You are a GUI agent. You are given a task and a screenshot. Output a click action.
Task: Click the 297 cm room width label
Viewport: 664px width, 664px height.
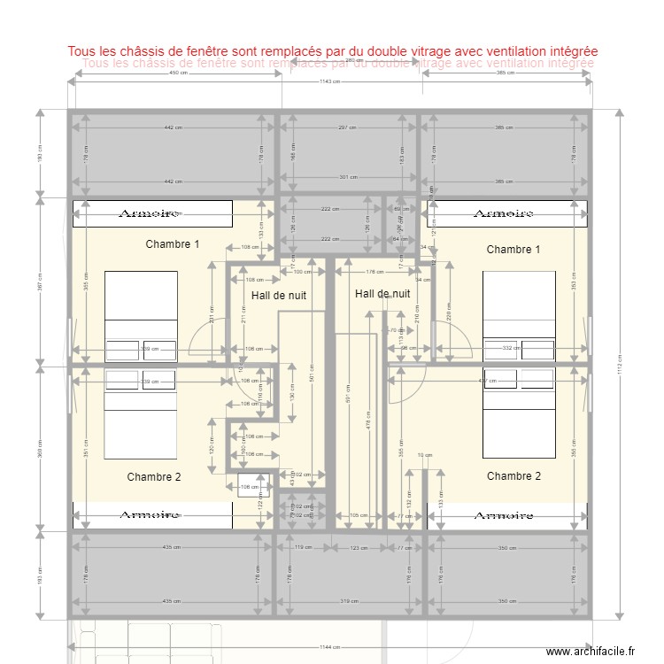pos(347,127)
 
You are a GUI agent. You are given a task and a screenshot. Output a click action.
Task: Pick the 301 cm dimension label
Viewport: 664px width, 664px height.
pos(348,177)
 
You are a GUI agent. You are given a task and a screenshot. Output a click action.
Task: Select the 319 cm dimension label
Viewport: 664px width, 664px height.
pos(347,601)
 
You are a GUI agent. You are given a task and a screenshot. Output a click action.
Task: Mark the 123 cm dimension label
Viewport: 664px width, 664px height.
pos(359,548)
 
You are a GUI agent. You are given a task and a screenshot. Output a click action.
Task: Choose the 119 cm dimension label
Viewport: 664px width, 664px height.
pos(299,548)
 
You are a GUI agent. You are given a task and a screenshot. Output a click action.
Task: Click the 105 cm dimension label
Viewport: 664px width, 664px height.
pos(359,515)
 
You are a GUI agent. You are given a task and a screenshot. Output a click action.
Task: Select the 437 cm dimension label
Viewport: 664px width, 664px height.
pos(486,382)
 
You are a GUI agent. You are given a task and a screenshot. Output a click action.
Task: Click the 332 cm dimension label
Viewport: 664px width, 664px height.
pos(509,349)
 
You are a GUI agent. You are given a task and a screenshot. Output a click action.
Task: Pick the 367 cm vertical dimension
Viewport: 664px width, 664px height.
pos(39,282)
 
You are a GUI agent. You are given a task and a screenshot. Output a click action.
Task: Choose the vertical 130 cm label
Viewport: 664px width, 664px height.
pos(293,395)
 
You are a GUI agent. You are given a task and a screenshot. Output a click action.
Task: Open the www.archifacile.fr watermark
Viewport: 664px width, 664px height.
pos(591,652)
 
